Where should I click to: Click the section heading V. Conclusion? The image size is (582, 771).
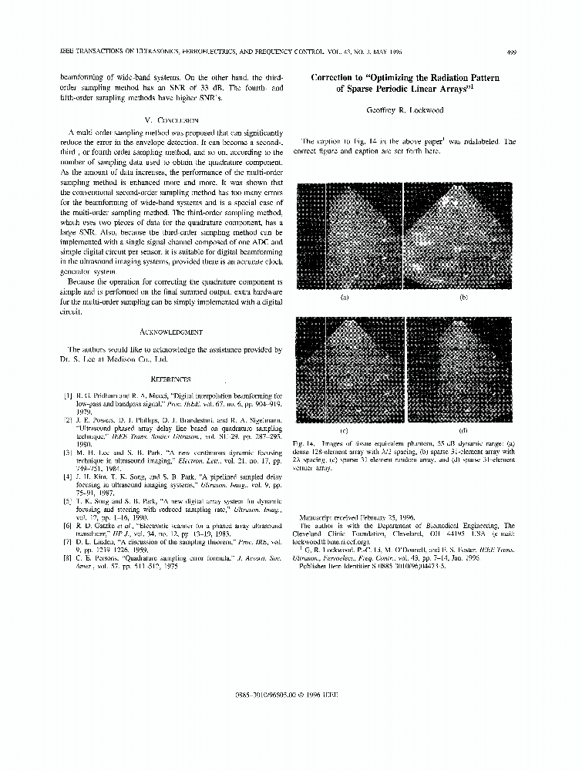click(x=172, y=120)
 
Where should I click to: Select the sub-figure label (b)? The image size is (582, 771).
click(x=463, y=296)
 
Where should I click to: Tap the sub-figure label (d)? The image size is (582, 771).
click(x=463, y=430)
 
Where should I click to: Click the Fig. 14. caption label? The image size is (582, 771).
click(x=305, y=444)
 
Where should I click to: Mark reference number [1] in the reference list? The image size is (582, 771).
click(x=69, y=394)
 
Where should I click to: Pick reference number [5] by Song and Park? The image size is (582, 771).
click(x=69, y=500)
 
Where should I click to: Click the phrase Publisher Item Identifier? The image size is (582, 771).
click(x=335, y=564)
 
